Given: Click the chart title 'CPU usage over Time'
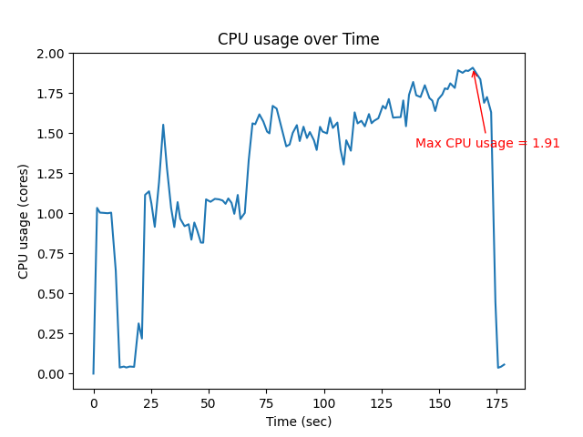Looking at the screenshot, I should [x=298, y=39].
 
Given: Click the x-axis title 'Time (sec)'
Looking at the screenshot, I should [x=299, y=422].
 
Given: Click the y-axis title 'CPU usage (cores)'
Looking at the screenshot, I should [x=24, y=221].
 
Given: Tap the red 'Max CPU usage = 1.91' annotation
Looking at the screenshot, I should [x=487, y=143].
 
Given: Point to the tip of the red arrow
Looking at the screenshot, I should [x=473, y=69].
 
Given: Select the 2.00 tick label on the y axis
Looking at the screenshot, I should [x=50, y=54].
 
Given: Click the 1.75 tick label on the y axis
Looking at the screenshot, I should [x=50, y=94].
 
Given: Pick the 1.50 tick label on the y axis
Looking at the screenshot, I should [x=50, y=134].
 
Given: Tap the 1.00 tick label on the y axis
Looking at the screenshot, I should [x=50, y=214].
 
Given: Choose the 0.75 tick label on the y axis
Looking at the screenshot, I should [x=50, y=254].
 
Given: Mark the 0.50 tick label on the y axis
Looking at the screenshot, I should [x=50, y=294].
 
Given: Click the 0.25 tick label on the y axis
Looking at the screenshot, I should [x=50, y=334].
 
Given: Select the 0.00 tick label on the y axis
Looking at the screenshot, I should [x=50, y=374].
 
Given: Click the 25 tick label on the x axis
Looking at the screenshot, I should [x=151, y=402].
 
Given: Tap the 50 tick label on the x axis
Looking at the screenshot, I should [x=209, y=402].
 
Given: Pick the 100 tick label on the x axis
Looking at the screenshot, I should [x=324, y=402].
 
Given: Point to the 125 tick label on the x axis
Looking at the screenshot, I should [x=382, y=402].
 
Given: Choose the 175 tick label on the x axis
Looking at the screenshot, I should [x=497, y=402].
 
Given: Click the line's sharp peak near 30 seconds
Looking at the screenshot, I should [x=163, y=125].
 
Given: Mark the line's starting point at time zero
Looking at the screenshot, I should [x=94, y=373].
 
